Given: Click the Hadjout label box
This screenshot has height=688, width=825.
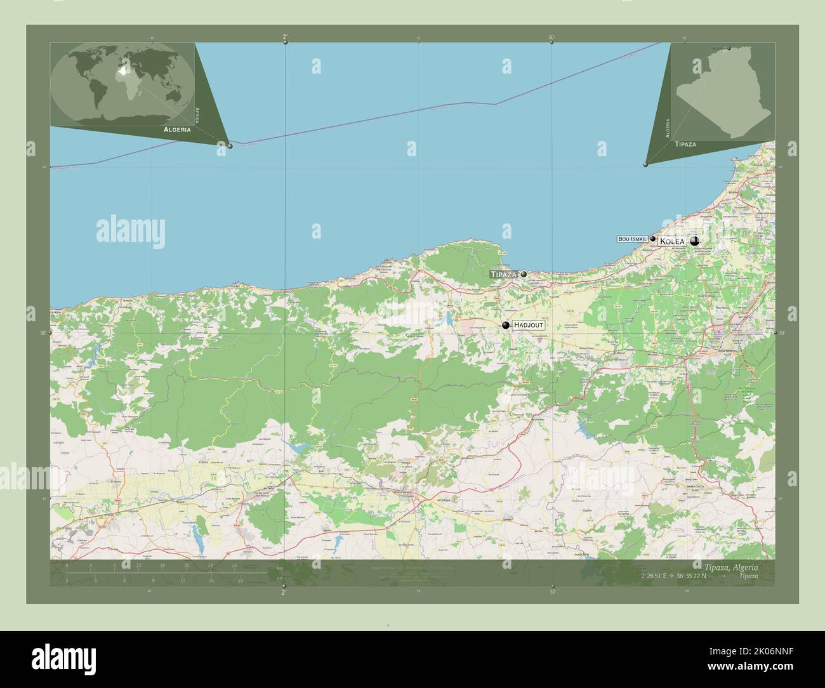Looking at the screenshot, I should coord(529,325).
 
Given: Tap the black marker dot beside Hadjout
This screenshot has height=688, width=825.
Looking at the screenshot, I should coord(505,326).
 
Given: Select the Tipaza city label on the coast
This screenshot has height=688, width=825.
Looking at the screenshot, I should coord(504,274).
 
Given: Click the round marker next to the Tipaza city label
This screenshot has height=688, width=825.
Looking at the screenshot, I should coord(524,274).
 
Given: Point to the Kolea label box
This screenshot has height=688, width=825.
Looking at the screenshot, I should coord(672,242).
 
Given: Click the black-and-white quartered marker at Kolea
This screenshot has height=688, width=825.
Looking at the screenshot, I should coord(695,241).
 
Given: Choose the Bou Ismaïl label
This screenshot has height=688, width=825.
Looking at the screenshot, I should coord(632,239).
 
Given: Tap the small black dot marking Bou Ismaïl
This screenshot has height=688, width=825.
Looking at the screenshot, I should coord(652,239).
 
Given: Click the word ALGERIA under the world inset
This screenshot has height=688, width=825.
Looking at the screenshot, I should coord(177,129).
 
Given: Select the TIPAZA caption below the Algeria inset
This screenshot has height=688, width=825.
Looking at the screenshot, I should coord(685,145).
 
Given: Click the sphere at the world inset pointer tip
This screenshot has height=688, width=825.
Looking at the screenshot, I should coord(230,146).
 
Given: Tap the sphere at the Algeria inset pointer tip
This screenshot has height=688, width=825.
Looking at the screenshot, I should coord(645,164).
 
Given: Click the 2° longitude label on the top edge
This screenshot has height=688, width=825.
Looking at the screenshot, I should coord(284,37).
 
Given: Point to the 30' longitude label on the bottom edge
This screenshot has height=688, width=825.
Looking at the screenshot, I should coord(553,592).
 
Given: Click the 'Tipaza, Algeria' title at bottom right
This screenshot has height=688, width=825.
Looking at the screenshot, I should coord(731,566).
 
